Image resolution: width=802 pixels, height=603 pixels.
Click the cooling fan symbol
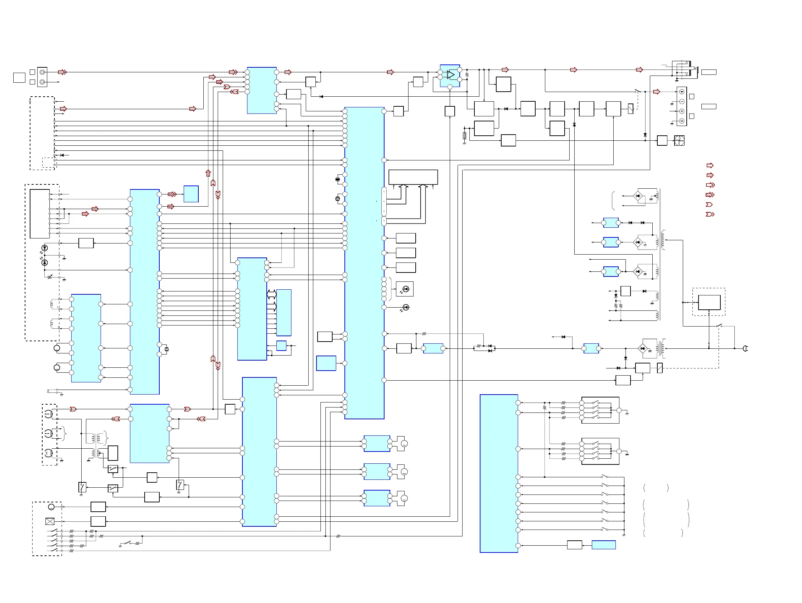click(679, 140)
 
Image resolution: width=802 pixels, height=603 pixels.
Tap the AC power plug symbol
click(745, 348)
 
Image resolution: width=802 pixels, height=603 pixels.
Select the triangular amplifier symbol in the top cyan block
click(451, 75)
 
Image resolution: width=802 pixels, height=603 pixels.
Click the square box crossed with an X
click(50, 521)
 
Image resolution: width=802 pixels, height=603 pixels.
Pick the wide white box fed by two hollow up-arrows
click(413, 177)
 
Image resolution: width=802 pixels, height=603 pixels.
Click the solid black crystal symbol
click(338, 179)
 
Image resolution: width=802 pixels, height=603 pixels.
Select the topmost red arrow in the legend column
click(710, 165)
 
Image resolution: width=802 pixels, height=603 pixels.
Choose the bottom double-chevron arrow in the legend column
click(710, 214)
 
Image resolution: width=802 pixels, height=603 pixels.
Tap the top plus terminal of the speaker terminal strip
click(682, 92)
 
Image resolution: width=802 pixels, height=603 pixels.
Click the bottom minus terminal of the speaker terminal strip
click(682, 121)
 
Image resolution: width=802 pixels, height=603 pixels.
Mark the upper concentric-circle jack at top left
click(42, 72)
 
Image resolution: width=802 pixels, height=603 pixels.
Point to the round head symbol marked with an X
click(48, 453)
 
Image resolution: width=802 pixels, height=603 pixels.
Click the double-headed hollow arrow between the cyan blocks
click(271, 294)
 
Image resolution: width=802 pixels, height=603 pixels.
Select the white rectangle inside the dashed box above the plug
click(709, 303)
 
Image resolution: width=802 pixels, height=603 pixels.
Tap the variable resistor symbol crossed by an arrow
click(50, 277)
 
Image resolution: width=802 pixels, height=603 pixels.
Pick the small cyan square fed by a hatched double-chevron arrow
click(191, 194)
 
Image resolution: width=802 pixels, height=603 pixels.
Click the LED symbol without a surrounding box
click(406, 308)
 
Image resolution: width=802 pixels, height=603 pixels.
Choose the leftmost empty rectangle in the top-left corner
click(19, 78)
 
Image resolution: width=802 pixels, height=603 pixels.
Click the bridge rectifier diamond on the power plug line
click(642, 349)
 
